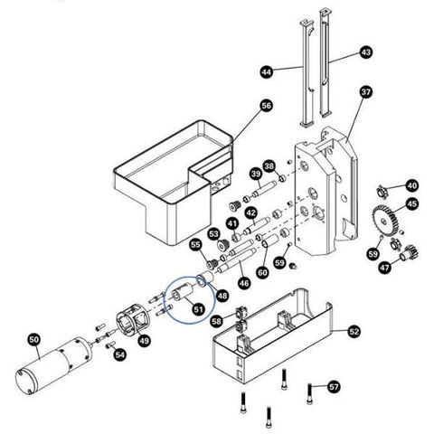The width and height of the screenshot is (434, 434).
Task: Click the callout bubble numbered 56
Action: coord(266,106)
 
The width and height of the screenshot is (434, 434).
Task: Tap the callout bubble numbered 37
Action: coord(366,91)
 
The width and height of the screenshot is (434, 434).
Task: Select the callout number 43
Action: coord(366,52)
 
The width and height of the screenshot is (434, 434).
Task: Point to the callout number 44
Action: coord(267,72)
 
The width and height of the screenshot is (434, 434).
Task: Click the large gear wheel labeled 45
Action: coord(383,222)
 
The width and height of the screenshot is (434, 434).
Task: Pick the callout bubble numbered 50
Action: coord(34,340)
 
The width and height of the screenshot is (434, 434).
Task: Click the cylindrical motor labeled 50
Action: coord(53,365)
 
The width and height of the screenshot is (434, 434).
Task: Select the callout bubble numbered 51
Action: coord(198,309)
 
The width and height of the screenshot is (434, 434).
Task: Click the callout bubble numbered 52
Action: coord(354,332)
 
